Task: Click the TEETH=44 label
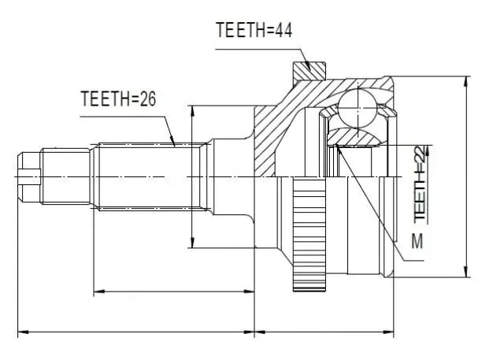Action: pyautogui.click(x=254, y=30)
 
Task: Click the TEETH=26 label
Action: pyautogui.click(x=118, y=98)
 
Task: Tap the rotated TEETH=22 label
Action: pyautogui.click(x=421, y=184)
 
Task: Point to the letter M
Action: pyautogui.click(x=417, y=241)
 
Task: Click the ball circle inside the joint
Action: pyautogui.click(x=357, y=108)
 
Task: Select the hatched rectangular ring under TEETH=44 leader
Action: pyautogui.click(x=309, y=71)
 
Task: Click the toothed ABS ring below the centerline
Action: pyautogui.click(x=309, y=234)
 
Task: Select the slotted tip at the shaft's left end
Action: pyautogui.click(x=29, y=177)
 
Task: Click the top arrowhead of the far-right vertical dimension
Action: pyautogui.click(x=466, y=82)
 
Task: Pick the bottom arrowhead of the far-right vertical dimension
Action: pyautogui.click(x=466, y=272)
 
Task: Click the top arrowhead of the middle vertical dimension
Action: pyautogui.click(x=192, y=111)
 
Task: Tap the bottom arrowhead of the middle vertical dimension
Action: pyautogui.click(x=192, y=243)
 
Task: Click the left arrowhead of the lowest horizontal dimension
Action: pyautogui.click(x=23, y=332)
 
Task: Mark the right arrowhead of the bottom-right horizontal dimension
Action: pyautogui.click(x=388, y=332)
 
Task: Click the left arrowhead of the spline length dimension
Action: pyautogui.click(x=99, y=291)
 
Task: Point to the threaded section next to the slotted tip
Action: pyautogui.click(x=66, y=176)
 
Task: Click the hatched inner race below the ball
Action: pyautogui.click(x=353, y=137)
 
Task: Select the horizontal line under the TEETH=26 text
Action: pyautogui.click(x=123, y=117)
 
